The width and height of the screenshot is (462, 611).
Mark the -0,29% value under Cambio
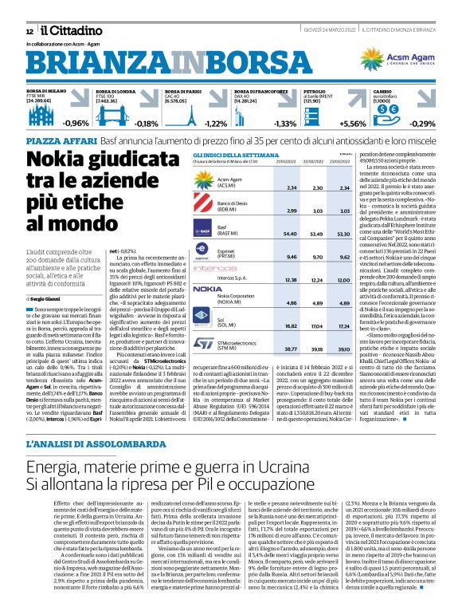421,123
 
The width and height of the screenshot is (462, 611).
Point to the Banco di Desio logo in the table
204,208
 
